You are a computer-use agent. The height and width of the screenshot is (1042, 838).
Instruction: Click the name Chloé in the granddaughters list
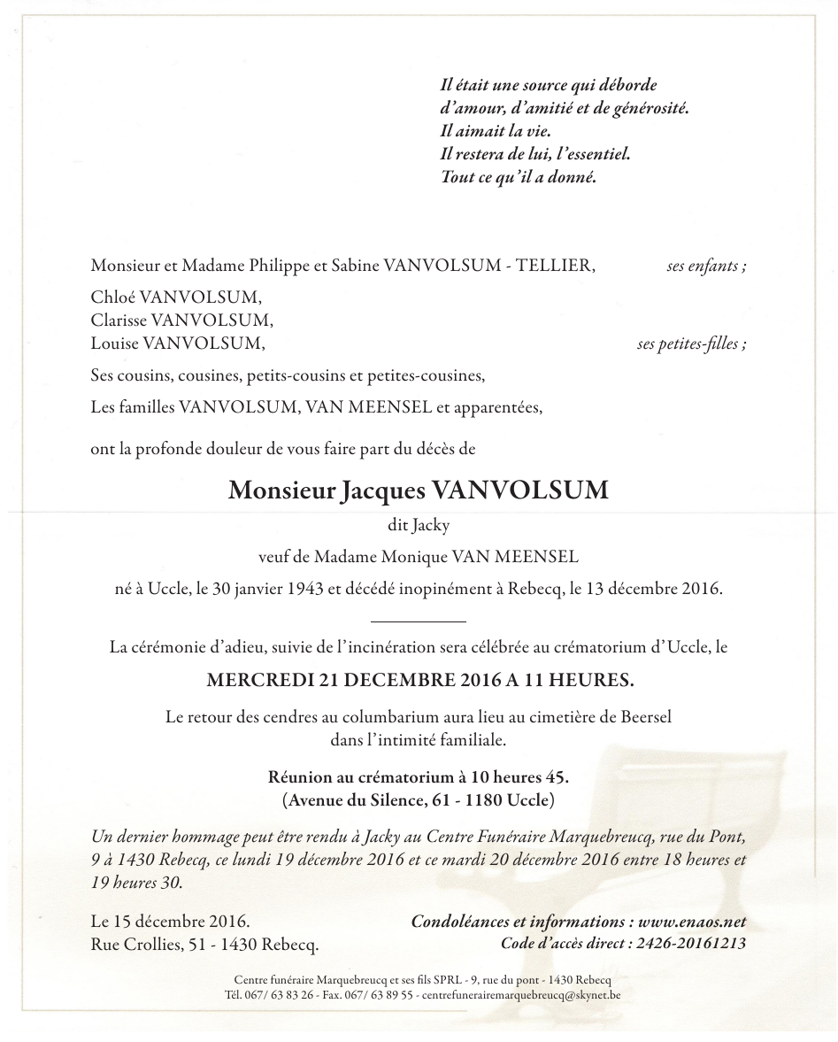(111, 297)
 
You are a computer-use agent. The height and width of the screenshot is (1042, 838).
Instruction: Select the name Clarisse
(118, 320)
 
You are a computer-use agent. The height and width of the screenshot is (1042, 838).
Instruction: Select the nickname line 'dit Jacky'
(419, 525)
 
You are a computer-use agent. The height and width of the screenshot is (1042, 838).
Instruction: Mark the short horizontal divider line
(419, 623)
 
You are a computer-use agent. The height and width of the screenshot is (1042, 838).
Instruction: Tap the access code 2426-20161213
(691, 944)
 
